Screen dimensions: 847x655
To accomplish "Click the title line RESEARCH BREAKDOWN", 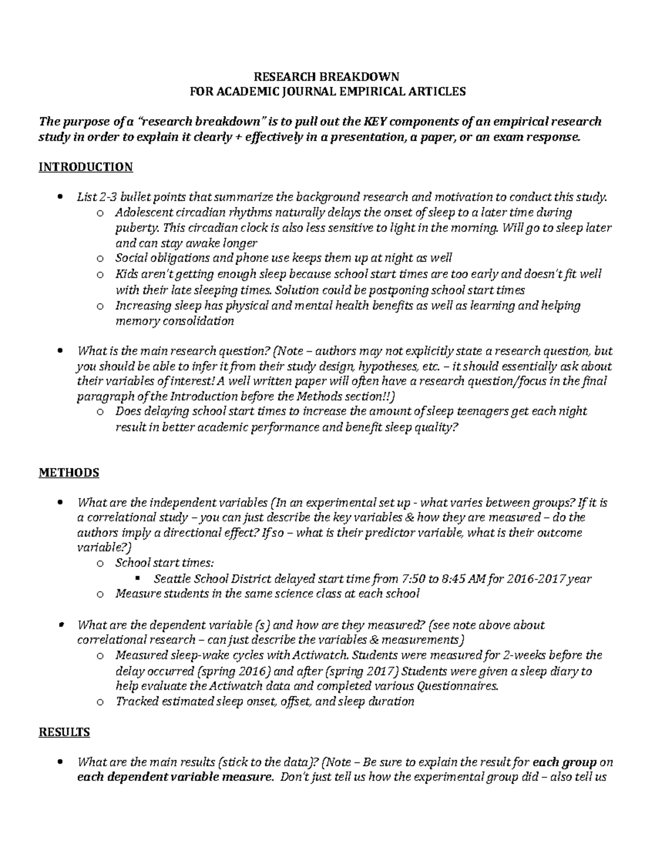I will pyautogui.click(x=327, y=76).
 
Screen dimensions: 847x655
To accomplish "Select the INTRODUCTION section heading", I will pyautogui.click(x=85, y=167).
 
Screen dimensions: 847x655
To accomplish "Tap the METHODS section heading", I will pyautogui.click(x=69, y=472).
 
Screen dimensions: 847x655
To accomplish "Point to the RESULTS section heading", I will pyautogui.click(x=64, y=732).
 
